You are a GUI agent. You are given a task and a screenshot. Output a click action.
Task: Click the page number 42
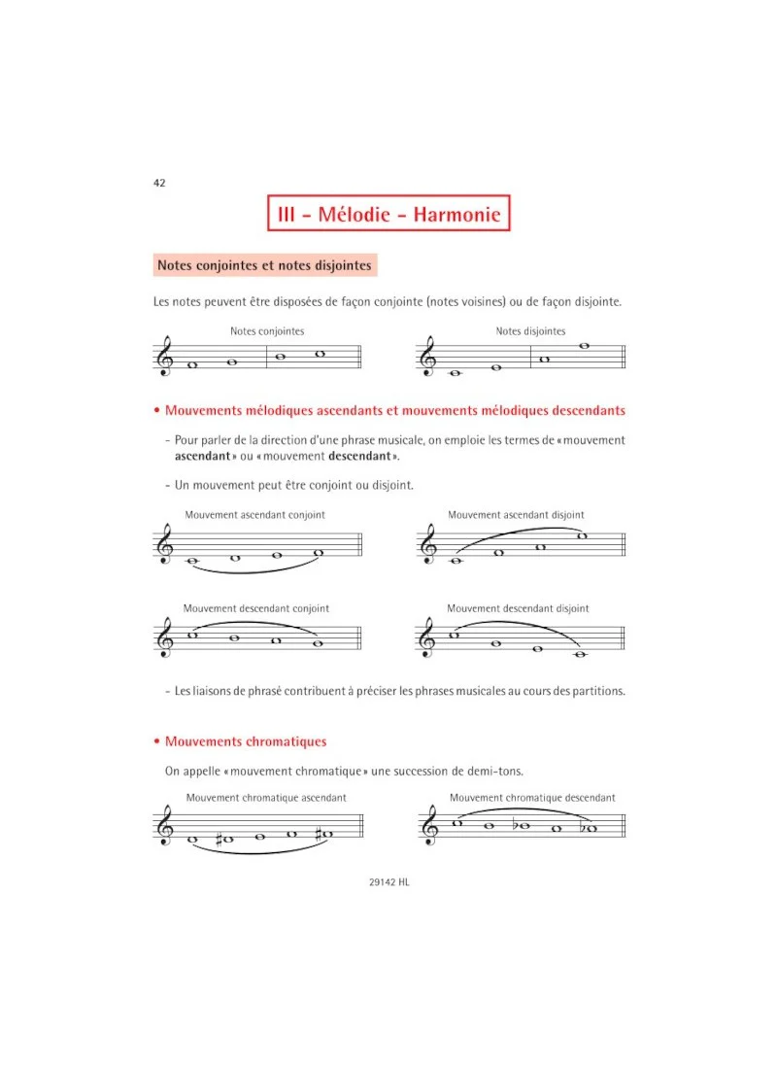[159, 183]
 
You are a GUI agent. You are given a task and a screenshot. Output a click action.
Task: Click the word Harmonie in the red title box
[456, 215]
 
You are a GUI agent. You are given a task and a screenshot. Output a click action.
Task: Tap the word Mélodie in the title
[354, 215]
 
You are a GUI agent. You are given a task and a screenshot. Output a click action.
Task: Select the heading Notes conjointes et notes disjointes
[265, 265]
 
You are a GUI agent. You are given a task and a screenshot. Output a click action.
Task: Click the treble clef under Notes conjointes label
[165, 356]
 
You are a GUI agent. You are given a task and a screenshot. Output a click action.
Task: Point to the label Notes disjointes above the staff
[530, 331]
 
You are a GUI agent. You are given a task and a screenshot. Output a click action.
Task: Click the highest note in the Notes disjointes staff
[584, 346]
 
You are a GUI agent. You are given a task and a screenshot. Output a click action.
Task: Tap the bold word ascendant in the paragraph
[203, 456]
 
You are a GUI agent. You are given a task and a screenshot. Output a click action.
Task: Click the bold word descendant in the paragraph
[360, 456]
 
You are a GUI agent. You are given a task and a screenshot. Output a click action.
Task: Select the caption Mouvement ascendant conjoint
[255, 515]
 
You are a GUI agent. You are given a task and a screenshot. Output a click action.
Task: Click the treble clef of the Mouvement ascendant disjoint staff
[428, 544]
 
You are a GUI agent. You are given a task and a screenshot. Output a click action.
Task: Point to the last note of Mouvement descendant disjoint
[581, 655]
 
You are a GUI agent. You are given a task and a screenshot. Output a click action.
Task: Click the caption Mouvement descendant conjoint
[255, 608]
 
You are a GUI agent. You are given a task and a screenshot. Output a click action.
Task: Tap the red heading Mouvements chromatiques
[246, 741]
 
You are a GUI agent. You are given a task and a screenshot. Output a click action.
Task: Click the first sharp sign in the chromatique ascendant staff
[220, 839]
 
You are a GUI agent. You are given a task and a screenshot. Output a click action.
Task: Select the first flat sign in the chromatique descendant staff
[516, 824]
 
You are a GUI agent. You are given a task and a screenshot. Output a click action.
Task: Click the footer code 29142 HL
[389, 882]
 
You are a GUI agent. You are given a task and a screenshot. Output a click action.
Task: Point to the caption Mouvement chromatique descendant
[532, 798]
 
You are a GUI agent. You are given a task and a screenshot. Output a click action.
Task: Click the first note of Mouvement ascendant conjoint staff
[193, 562]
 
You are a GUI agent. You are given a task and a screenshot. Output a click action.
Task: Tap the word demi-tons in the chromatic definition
[495, 771]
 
